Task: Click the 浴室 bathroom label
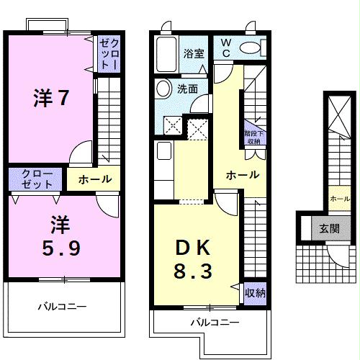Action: pyautogui.click(x=194, y=53)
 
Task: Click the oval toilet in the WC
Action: pyautogui.click(x=251, y=48)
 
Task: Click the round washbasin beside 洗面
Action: pyautogui.click(x=163, y=90)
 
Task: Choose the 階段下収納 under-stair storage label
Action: pyautogui.click(x=253, y=138)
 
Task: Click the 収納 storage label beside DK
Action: pyautogui.click(x=255, y=293)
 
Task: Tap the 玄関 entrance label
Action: pyautogui.click(x=330, y=229)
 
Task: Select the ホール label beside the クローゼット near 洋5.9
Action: pyautogui.click(x=94, y=179)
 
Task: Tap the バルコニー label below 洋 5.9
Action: pyautogui.click(x=62, y=307)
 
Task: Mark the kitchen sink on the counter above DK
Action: pyautogui.click(x=163, y=152)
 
